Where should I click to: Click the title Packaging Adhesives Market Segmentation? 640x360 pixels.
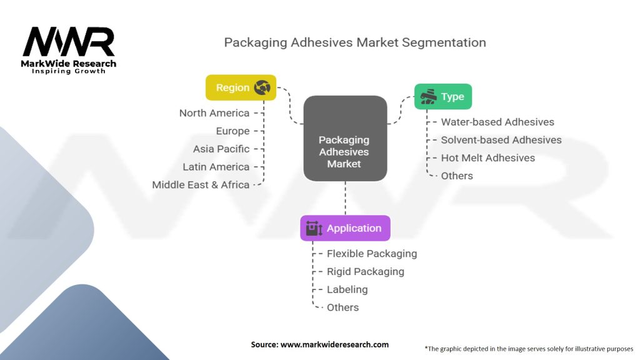pos(355,42)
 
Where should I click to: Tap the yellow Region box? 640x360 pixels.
pos(241,87)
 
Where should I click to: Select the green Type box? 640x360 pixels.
pos(442,97)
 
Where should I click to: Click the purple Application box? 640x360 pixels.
pos(345,228)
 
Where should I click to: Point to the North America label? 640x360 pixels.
pos(214,113)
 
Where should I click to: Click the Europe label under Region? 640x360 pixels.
pos(232,131)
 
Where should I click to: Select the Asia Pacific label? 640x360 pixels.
pos(221,149)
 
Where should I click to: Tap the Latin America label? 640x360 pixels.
pos(216,167)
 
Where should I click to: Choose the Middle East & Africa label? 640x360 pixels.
pos(201,185)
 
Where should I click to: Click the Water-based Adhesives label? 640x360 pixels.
pos(497,122)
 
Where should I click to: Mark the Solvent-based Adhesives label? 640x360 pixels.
pos(501,140)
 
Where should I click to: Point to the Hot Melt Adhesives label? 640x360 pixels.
pos(488,158)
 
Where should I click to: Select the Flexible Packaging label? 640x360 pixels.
pos(372,254)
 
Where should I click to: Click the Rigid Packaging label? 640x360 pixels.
pos(366,272)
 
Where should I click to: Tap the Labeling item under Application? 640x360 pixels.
pos(347,289)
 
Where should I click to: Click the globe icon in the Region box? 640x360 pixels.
pos(262,88)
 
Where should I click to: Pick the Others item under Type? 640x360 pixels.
pos(457,176)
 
